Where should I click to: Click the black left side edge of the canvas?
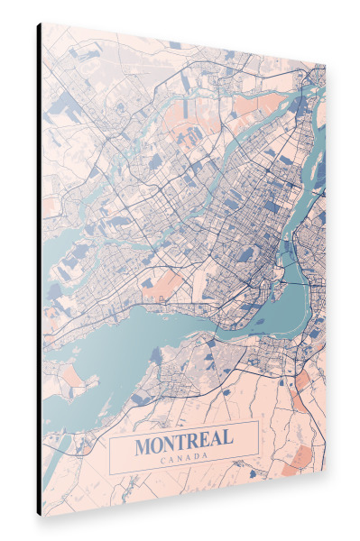coord(39,270)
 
